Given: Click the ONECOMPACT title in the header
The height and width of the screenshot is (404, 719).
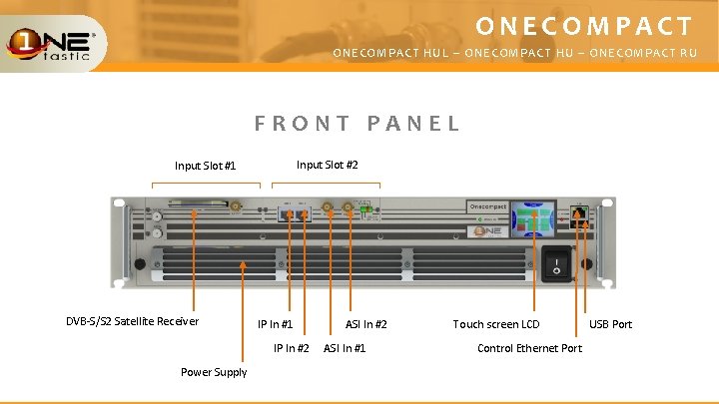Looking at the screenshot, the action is (584, 26).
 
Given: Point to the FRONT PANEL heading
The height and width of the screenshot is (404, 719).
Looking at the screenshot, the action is (358, 124).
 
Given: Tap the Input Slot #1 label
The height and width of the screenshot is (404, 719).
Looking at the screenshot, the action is (205, 166).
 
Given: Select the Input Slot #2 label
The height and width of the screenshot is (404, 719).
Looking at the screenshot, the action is (328, 165).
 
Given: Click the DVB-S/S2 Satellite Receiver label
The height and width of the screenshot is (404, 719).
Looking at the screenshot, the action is (132, 321).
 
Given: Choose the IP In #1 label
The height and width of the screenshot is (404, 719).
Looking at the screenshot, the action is (276, 324).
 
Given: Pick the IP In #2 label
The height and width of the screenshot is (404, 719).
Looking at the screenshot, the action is (292, 348).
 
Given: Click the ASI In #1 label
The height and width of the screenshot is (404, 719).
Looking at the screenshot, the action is (345, 348).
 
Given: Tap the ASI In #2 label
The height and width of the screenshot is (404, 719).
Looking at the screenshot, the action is (366, 324).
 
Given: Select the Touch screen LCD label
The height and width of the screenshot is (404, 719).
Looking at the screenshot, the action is (495, 324).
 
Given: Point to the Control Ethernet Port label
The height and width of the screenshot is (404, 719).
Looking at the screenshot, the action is (529, 348).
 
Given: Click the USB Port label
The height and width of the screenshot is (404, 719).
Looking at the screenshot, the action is (610, 324).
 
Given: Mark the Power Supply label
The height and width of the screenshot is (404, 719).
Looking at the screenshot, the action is (214, 372).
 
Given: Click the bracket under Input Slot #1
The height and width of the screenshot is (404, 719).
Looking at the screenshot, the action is (206, 185).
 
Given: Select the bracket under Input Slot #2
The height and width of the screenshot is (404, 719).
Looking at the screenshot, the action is (327, 185).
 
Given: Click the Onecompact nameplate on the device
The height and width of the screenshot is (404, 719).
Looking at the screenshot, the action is (487, 206).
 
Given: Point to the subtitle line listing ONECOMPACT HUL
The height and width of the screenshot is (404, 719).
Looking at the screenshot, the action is (514, 53).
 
